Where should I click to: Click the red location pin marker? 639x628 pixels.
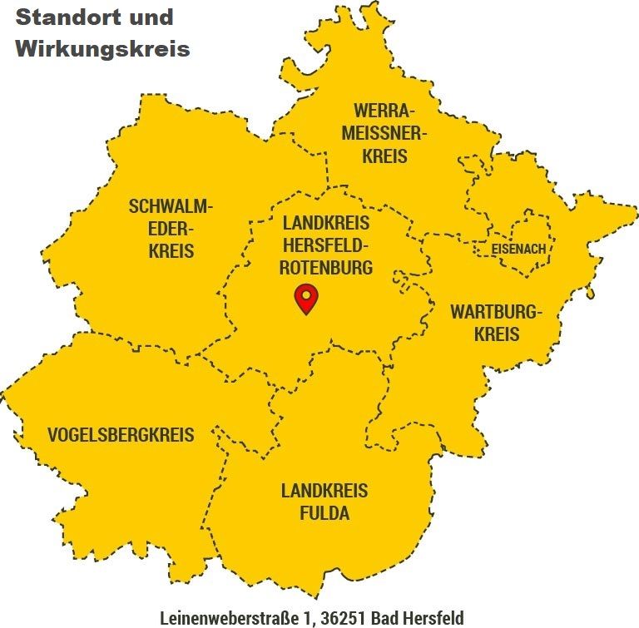pos(307,298)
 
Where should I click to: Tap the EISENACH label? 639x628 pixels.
pos(518,249)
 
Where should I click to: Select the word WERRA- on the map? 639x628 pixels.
pos(384,111)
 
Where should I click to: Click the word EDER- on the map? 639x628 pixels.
pos(171,229)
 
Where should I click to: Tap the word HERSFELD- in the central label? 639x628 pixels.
pos(326,245)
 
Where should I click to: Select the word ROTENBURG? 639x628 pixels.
pos(326,268)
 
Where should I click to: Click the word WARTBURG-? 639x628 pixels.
pos(497,313)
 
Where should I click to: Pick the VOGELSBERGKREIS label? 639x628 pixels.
pos(121,434)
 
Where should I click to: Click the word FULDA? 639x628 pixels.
pos(324,512)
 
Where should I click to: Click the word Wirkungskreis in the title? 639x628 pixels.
pos(102,48)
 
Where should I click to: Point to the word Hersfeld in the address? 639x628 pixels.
pos(433,617)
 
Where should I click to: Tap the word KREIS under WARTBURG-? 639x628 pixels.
pos(497,334)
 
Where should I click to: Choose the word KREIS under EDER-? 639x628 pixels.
pos(171,250)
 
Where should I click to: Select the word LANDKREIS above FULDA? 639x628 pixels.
pos(324,490)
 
